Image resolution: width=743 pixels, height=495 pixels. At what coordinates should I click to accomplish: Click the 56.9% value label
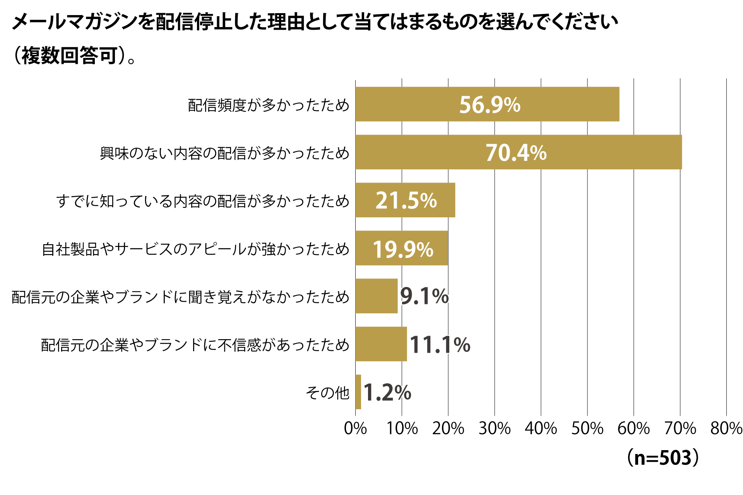coord(490,105)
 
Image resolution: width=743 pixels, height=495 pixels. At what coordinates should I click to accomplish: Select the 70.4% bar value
coord(516,153)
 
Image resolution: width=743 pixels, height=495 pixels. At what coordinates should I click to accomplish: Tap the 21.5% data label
coord(406,201)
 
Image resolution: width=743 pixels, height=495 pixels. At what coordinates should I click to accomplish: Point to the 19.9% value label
coord(403,249)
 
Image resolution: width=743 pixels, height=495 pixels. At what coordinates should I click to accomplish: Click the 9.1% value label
coord(424,297)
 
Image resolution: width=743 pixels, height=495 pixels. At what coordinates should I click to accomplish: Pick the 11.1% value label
coord(440,345)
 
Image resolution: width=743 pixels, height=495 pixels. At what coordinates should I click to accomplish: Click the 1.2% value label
coord(387,393)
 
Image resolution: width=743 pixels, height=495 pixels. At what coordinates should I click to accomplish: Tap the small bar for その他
coord(358,392)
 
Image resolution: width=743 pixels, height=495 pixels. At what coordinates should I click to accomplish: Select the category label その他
coord(327,393)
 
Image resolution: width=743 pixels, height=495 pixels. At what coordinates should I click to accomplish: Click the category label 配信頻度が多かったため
coord(269,105)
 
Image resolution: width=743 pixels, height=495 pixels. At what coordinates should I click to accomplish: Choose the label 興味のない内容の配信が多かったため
coord(224,153)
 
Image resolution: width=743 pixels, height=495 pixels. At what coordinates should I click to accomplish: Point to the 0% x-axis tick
coord(355,428)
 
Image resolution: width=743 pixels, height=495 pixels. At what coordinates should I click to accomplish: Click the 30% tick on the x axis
coord(495,428)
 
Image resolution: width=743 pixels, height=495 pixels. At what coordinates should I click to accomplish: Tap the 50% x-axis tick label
coord(587,428)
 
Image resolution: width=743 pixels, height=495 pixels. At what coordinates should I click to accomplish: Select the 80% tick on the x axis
coord(726,428)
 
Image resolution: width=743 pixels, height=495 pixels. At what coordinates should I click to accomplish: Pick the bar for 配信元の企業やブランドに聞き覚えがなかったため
coord(377,296)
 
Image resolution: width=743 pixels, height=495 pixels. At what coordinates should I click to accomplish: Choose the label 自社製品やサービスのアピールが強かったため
coord(195,249)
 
